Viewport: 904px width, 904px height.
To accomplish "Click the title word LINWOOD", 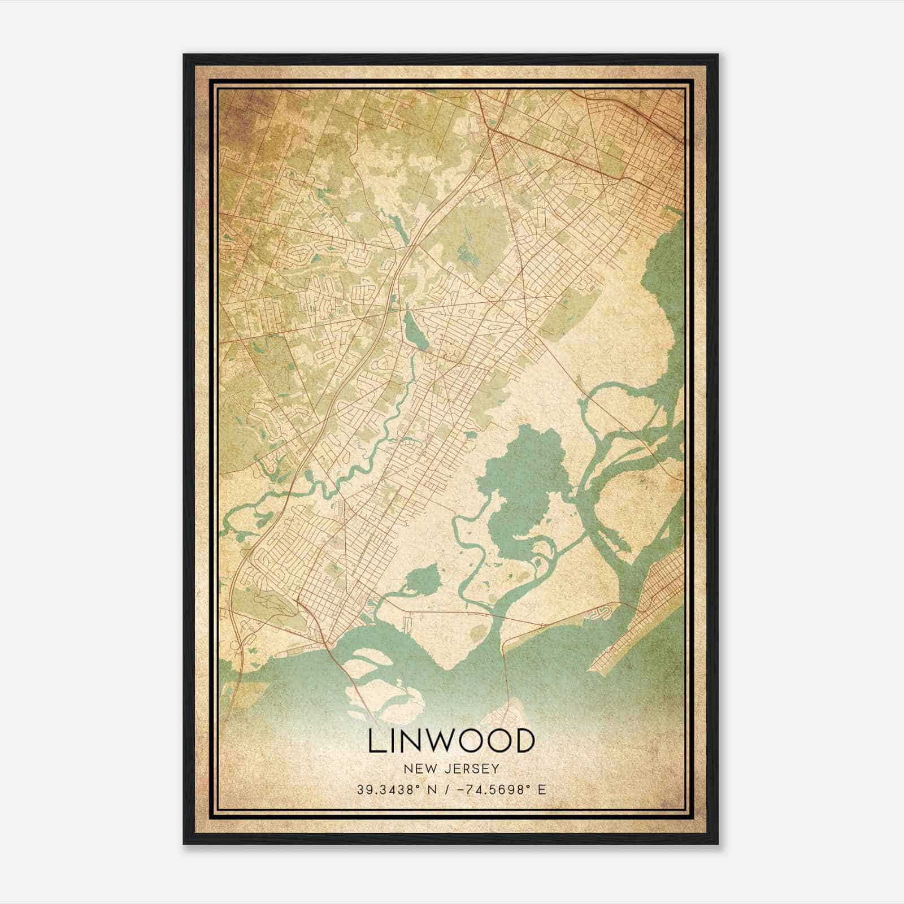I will (x=451, y=741).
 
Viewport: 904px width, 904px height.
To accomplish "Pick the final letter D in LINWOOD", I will (x=523, y=741).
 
